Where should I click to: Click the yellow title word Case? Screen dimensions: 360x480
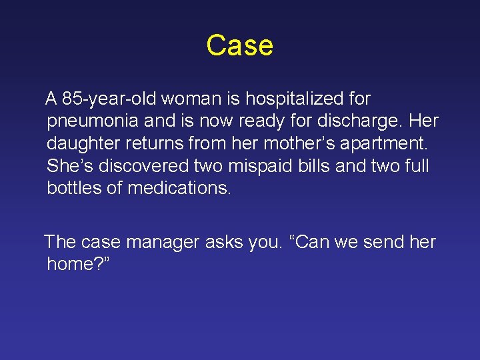[239, 46]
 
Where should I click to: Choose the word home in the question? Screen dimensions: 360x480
[72, 264]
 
